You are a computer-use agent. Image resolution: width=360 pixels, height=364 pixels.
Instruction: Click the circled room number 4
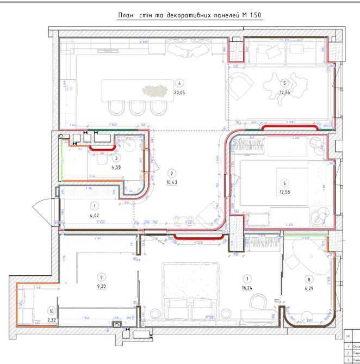coord(181,83)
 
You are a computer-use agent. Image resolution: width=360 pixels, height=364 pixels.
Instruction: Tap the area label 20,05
coord(181,92)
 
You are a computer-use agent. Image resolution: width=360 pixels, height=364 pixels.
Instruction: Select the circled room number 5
coord(283,83)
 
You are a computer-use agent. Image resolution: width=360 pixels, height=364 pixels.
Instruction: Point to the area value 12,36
coord(283,92)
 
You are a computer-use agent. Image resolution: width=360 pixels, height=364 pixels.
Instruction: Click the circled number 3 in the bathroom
coord(116,157)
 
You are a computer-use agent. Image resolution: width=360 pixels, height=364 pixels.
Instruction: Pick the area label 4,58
coord(116,166)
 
